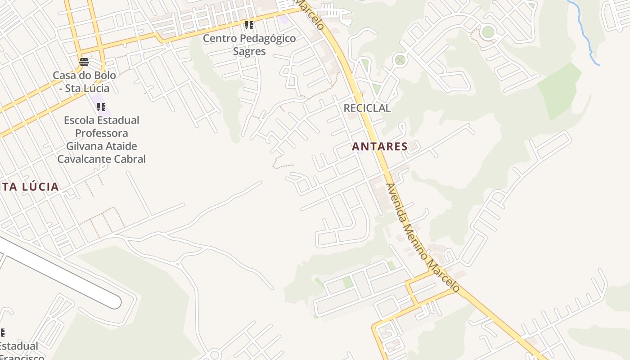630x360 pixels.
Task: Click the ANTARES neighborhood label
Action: click(380, 146)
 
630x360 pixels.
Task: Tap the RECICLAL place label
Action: click(367, 108)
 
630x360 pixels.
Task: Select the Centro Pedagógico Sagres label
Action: click(249, 45)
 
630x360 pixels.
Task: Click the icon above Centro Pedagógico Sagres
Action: click(249, 25)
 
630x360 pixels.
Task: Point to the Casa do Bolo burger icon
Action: click(84, 62)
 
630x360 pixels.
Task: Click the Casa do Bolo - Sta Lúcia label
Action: click(84, 81)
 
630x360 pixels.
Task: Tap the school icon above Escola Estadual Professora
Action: click(101, 107)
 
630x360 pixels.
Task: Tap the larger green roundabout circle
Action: click(488, 32)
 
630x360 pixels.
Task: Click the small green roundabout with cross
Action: click(400, 60)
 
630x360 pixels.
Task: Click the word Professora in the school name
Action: click(101, 133)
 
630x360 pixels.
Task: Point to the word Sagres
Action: click(249, 51)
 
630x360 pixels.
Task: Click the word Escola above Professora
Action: click(78, 120)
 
